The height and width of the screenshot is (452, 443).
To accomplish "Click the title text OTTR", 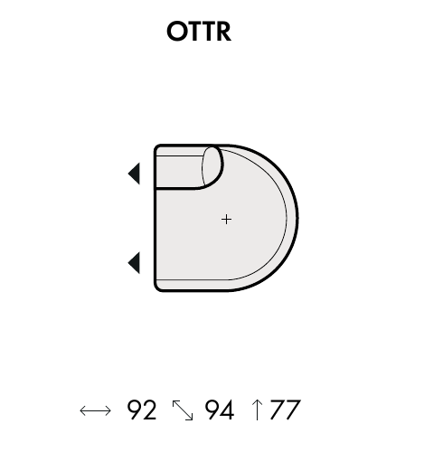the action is tap(199, 31).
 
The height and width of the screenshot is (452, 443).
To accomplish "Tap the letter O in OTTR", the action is tap(177, 31).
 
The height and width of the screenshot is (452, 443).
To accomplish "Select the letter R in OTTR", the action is tap(223, 31).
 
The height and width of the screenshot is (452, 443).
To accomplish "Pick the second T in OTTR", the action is tap(209, 31).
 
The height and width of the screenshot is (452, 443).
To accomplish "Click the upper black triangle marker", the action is tap(134, 174).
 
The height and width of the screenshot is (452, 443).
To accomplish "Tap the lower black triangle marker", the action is tap(134, 263).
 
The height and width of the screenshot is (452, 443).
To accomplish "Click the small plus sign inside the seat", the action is tap(226, 219).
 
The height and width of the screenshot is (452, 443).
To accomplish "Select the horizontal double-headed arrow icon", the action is tap(95, 410).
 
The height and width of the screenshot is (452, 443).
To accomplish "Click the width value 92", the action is tap(142, 410).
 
